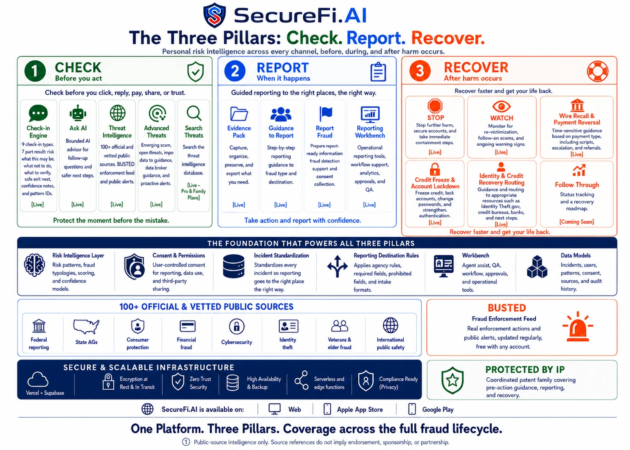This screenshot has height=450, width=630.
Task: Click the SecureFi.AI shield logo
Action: (214, 15)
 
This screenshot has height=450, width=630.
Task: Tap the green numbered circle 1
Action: (35, 71)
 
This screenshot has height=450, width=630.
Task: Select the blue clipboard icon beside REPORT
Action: (378, 71)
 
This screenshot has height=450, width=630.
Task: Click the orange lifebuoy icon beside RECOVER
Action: (598, 71)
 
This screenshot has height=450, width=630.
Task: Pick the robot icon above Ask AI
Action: (78, 113)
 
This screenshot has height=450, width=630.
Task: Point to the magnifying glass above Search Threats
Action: (194, 113)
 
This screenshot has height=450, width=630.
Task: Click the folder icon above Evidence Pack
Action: (239, 114)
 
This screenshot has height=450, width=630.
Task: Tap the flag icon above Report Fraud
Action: (326, 114)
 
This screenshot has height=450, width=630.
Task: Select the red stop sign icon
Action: (435, 106)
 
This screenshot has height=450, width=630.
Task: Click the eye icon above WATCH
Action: (501, 107)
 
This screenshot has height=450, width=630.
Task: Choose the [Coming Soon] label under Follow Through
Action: (577, 222)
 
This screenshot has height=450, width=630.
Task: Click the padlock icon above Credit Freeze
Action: (435, 169)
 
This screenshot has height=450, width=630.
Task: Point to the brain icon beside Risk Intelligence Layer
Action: (34, 265)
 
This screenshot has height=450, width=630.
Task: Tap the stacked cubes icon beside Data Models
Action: (537, 267)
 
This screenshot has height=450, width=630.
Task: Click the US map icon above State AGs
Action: (86, 326)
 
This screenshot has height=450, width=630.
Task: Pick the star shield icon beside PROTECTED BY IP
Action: (452, 380)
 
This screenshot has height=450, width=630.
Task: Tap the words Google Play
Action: (438, 410)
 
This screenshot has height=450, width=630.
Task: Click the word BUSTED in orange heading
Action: (506, 308)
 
